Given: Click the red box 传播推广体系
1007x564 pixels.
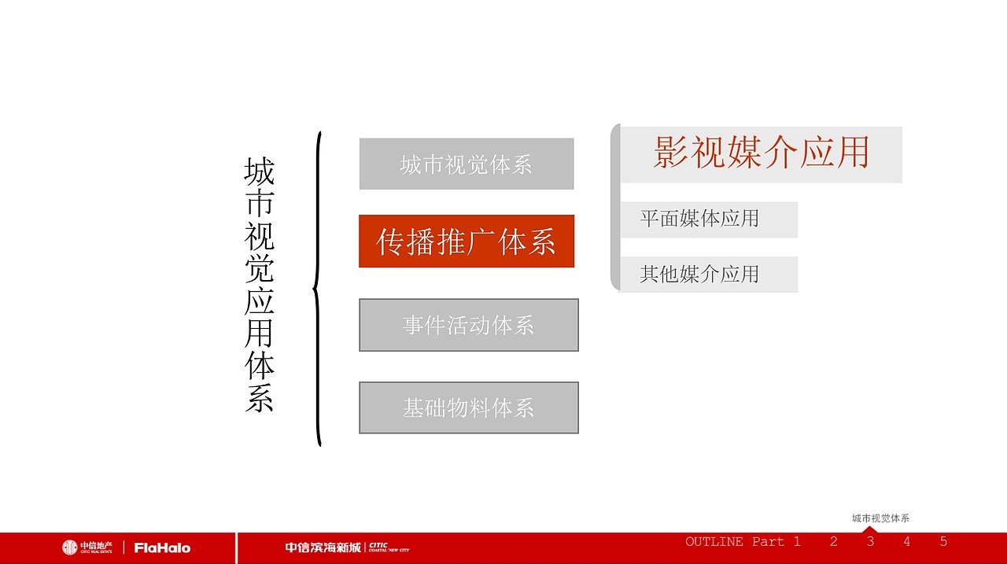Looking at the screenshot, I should coord(467,241).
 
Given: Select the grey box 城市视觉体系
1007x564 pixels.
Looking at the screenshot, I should coord(467,164).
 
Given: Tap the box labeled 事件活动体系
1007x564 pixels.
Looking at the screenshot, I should coord(469,325).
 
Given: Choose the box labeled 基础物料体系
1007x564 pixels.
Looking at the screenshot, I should coord(469,407).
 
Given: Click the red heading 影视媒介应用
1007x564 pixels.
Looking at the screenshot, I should coord(761,153).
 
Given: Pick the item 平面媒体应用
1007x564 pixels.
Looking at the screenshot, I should coord(699,219).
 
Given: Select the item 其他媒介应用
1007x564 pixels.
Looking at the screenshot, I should coord(699,275).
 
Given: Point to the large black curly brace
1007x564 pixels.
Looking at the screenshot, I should coord(318,289).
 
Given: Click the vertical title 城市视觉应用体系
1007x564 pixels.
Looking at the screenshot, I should coord(259,285).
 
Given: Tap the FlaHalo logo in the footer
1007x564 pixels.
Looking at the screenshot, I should coord(162,547).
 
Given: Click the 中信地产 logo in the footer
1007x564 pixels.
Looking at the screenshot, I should coord(87,547).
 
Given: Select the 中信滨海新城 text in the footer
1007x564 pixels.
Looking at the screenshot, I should coord(323,547).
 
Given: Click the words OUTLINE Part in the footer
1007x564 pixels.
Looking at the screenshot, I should coord(735,542).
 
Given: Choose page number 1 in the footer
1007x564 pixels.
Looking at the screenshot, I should coord(797,542).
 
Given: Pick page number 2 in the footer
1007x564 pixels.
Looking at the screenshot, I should coord(833,542).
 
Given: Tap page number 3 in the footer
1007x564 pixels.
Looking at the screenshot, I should coord(870,542).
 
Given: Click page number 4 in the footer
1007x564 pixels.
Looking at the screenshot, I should coord(906,542).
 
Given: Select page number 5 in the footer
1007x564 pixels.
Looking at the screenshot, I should coord(943,542).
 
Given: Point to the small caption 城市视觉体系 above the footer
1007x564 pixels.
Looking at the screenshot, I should coord(880,518).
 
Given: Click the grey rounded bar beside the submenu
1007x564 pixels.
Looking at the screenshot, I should coord(615,207).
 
